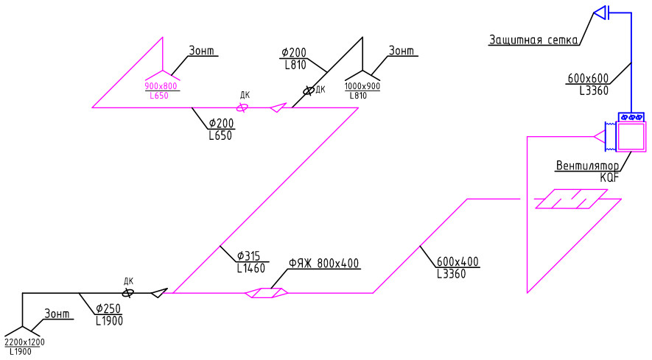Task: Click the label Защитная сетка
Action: click(x=533, y=40)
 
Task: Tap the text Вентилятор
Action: click(x=588, y=166)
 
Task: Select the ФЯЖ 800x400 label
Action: click(x=323, y=263)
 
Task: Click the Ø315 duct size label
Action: click(x=249, y=255)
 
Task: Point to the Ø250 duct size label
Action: click(x=108, y=308)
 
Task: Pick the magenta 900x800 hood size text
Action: click(x=161, y=86)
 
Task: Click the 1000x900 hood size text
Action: click(x=362, y=86)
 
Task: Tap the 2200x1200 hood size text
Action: click(x=24, y=342)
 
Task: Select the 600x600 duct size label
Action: click(x=588, y=78)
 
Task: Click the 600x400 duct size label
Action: click(x=458, y=262)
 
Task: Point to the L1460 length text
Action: click(x=250, y=269)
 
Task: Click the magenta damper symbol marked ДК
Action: click(x=242, y=107)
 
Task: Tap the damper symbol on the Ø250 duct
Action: click(x=128, y=293)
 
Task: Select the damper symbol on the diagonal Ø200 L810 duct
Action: click(x=308, y=91)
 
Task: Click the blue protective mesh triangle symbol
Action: click(x=600, y=13)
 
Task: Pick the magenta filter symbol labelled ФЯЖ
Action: click(x=267, y=293)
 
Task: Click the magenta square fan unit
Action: click(x=631, y=137)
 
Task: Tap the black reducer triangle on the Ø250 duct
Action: click(x=159, y=293)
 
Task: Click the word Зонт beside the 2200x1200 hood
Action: click(x=57, y=314)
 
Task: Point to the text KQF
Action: click(x=609, y=177)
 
